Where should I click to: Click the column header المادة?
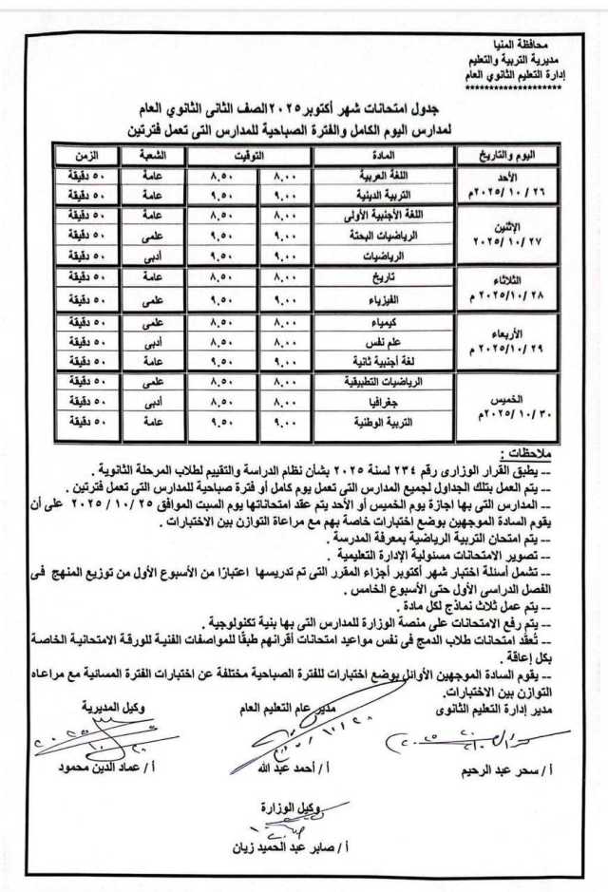point(387,154)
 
